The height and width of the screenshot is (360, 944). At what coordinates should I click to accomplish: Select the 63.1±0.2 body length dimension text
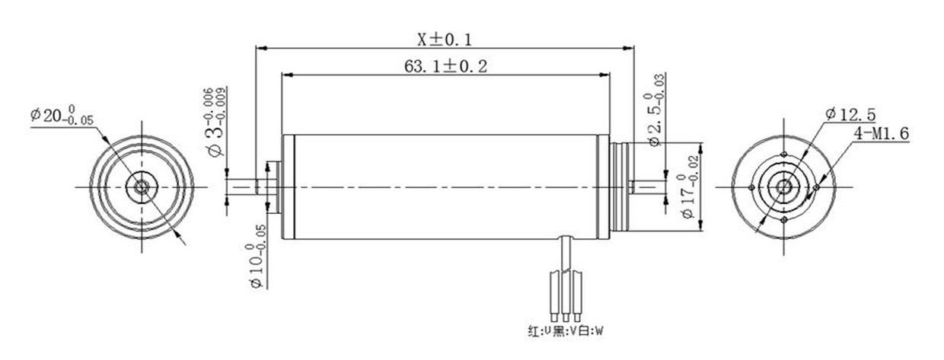click(x=445, y=66)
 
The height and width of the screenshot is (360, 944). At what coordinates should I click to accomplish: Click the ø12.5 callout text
click(x=850, y=115)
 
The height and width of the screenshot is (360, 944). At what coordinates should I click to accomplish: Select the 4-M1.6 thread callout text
click(x=882, y=134)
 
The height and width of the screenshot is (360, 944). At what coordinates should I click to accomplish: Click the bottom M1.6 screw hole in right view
click(x=784, y=220)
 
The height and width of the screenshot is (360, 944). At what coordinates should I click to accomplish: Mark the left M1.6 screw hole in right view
click(x=752, y=187)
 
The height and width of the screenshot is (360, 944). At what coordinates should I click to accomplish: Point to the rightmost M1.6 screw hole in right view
click(x=816, y=187)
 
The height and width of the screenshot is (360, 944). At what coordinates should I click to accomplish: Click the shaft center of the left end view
click(x=141, y=187)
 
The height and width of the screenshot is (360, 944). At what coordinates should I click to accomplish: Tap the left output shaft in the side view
click(x=245, y=187)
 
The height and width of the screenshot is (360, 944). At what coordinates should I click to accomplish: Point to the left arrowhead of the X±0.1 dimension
click(x=259, y=48)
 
